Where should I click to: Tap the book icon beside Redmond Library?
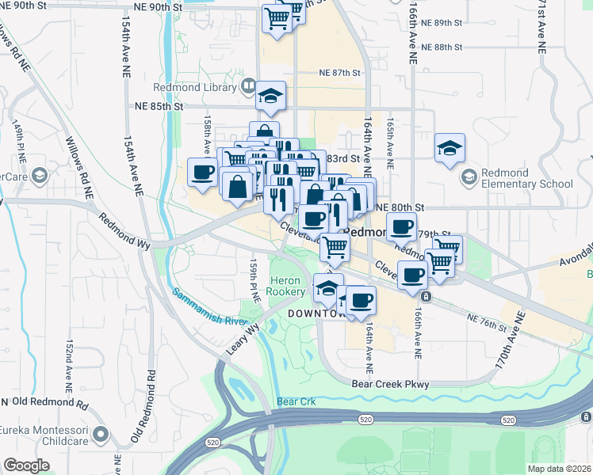248,85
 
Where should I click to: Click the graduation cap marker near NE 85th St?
270,97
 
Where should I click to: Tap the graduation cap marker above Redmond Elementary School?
450,148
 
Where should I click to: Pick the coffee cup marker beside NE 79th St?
402,227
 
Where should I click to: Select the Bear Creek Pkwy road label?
390,385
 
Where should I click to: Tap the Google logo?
26,465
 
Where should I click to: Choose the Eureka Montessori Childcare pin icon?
101,434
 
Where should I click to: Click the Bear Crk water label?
296,401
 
